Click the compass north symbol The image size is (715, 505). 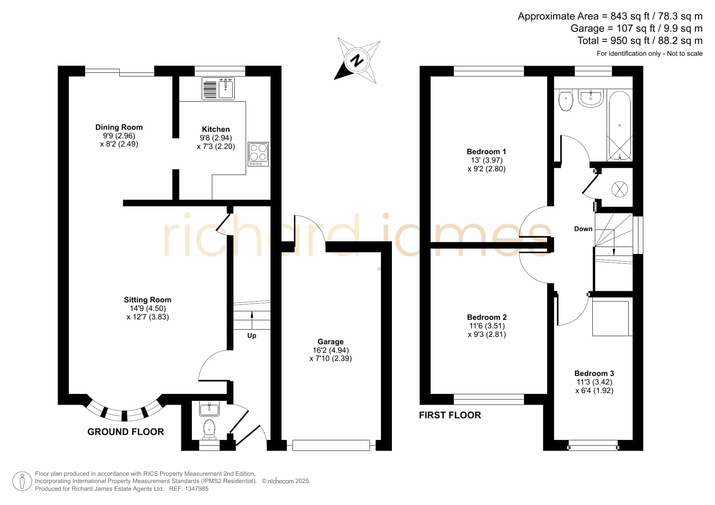pyautogui.click(x=357, y=61)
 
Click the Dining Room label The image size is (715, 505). pyautogui.click(x=119, y=127)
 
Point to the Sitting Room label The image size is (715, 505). pyautogui.click(x=147, y=300)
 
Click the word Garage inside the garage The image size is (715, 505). pyautogui.click(x=330, y=342)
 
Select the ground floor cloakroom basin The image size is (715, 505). pyautogui.click(x=209, y=408)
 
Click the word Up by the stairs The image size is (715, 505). pyautogui.click(x=252, y=336)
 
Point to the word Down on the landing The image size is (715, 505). pyautogui.click(x=583, y=229)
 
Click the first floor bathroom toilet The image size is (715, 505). pyautogui.click(x=565, y=101)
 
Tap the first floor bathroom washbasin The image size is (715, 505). pyautogui.click(x=591, y=98)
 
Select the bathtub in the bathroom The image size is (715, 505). pyautogui.click(x=620, y=125)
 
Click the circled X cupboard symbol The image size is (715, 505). pyautogui.click(x=619, y=189)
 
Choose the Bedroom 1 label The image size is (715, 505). pyautogui.click(x=486, y=152)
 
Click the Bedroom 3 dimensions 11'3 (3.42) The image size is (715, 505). pyautogui.click(x=594, y=382)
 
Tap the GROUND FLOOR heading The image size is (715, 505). pyautogui.click(x=125, y=432)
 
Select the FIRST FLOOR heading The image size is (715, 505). pyautogui.click(x=450, y=415)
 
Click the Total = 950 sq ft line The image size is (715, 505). pyautogui.click(x=640, y=41)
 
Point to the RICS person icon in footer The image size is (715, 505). pyautogui.click(x=22, y=481)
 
